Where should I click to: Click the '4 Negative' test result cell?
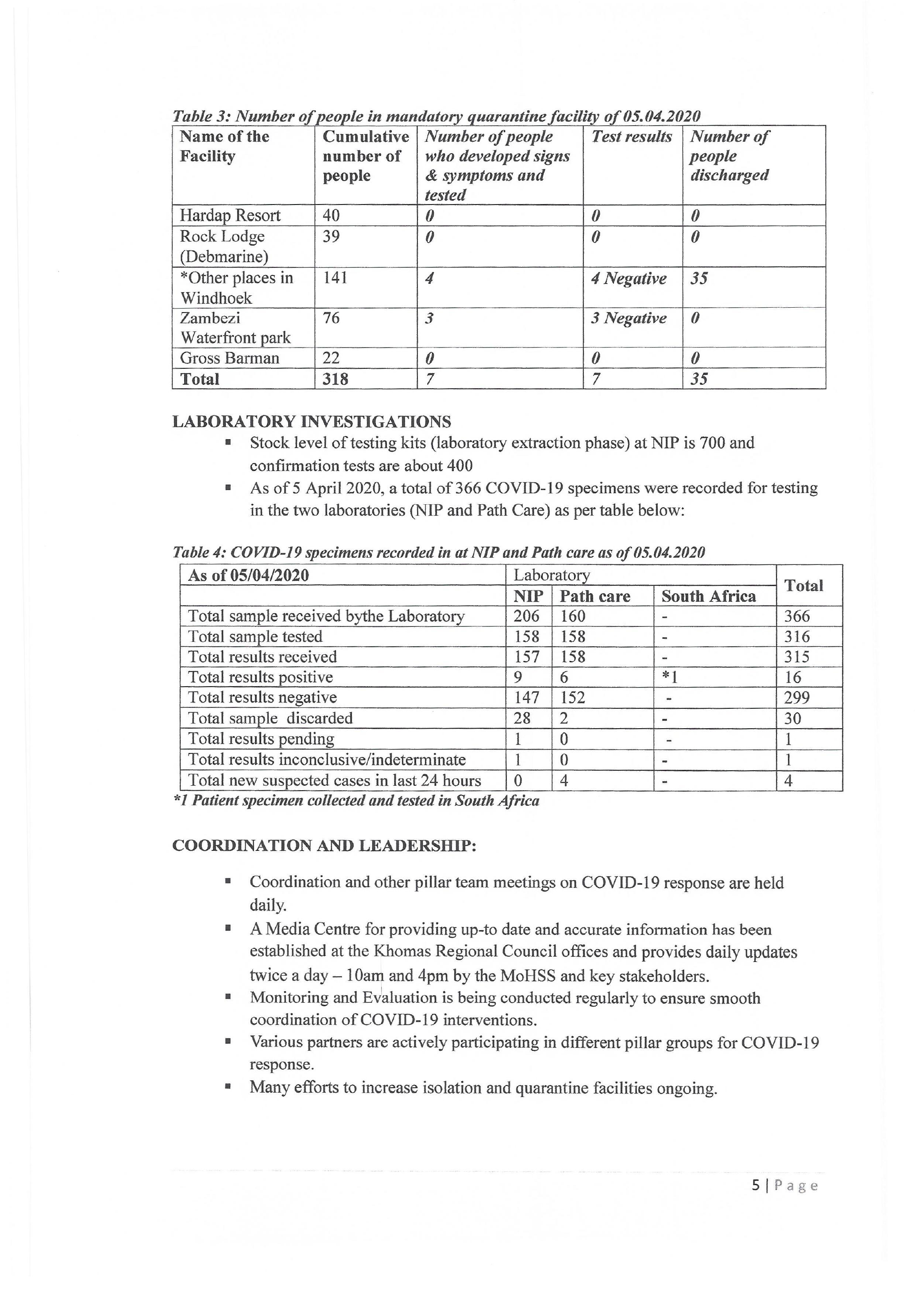tap(628, 278)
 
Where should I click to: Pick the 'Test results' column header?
tap(631, 137)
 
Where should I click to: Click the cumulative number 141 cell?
tap(335, 278)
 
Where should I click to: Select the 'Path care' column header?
tap(595, 596)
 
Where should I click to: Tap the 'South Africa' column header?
tap(708, 596)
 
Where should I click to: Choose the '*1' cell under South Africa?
tap(669, 677)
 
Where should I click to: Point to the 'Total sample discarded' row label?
tap(270, 718)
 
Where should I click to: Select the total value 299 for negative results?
tap(797, 698)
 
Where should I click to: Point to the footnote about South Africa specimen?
tap(356, 801)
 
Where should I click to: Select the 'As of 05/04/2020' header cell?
tap(248, 576)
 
